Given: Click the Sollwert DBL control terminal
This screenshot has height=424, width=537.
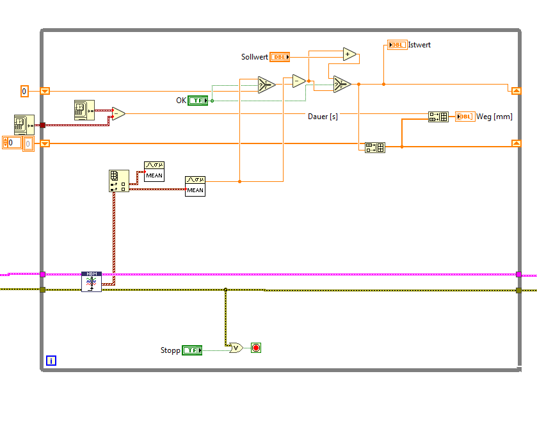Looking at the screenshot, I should [280, 57].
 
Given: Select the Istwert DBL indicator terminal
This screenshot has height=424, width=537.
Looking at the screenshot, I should [397, 45].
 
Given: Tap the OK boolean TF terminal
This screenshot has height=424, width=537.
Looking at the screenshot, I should [198, 101].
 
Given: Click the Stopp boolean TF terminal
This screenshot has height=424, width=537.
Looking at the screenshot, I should [192, 350].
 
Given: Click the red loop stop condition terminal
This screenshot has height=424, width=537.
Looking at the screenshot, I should [256, 348].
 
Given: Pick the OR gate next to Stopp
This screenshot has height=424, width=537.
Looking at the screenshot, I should [236, 348].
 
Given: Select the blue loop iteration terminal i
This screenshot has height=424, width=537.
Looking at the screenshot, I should [51, 361].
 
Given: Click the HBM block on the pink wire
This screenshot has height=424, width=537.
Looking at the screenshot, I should [91, 282].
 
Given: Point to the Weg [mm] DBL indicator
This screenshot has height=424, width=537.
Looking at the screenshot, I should [465, 117].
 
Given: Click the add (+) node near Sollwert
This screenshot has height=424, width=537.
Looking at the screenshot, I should [349, 54].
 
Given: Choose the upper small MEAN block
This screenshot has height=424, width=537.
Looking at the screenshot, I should [154, 172].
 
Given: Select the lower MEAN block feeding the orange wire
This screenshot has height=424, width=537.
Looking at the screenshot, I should [195, 186].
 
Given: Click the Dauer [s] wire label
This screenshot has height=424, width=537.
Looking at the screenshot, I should [323, 117].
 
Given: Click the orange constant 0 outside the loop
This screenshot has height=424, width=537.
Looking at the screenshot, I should [24, 91].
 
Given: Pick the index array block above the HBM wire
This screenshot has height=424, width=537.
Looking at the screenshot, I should [119, 181].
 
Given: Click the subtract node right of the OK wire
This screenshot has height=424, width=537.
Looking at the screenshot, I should [299, 81].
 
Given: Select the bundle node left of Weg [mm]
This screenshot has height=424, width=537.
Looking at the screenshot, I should [438, 117].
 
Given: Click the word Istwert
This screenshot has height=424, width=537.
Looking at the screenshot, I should [419, 45].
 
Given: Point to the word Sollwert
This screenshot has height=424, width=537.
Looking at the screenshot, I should [254, 57].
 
